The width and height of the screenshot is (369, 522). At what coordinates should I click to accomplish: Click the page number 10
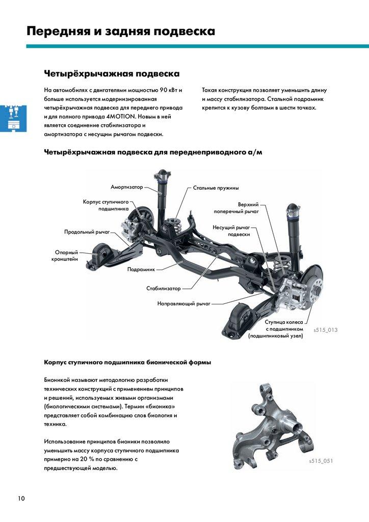(x=21, y=498)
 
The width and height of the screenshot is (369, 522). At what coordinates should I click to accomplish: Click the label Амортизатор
(x=127, y=188)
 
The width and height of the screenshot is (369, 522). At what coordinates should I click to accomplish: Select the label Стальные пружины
(x=216, y=188)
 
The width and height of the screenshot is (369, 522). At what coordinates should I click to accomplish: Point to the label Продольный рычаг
(x=87, y=232)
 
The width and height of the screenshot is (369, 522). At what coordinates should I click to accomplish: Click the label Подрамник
(x=141, y=269)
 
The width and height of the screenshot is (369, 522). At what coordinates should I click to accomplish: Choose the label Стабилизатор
(x=164, y=289)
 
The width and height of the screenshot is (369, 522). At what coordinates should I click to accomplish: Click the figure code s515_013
(x=325, y=330)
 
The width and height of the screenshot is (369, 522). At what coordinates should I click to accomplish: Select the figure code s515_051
(x=321, y=461)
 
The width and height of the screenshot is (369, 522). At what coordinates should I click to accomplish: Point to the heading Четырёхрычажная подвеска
(x=112, y=74)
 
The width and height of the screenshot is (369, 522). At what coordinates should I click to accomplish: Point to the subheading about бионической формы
(x=127, y=362)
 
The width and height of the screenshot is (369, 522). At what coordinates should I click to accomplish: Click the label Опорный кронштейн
(x=66, y=255)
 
